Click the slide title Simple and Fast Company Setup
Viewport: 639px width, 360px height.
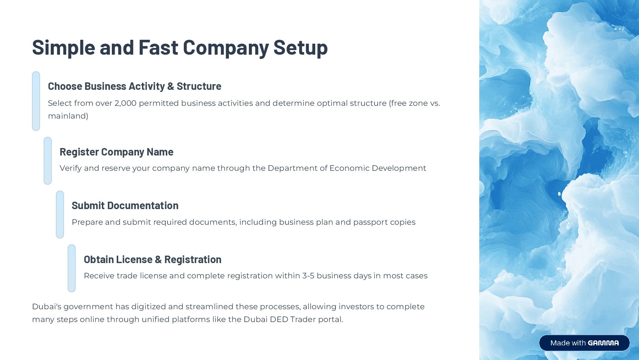(180, 48)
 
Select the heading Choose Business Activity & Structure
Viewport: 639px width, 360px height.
(135, 86)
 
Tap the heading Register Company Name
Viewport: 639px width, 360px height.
(116, 152)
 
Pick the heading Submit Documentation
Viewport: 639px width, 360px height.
(125, 206)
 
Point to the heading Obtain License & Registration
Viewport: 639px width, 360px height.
(152, 260)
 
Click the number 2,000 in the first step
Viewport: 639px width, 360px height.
(125, 103)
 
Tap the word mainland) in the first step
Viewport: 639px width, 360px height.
(68, 116)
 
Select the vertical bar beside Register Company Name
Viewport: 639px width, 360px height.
(48, 161)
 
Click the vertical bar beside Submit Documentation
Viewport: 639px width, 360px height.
(60, 214)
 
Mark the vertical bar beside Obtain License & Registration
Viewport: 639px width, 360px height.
(72, 268)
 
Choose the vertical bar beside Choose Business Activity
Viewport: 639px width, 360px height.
(36, 101)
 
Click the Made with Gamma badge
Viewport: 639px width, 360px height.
(584, 343)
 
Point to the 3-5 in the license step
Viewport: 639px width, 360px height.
(308, 276)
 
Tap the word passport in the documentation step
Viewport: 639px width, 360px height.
(370, 222)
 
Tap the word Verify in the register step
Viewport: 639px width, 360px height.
(71, 168)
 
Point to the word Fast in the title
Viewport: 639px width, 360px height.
(158, 48)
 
